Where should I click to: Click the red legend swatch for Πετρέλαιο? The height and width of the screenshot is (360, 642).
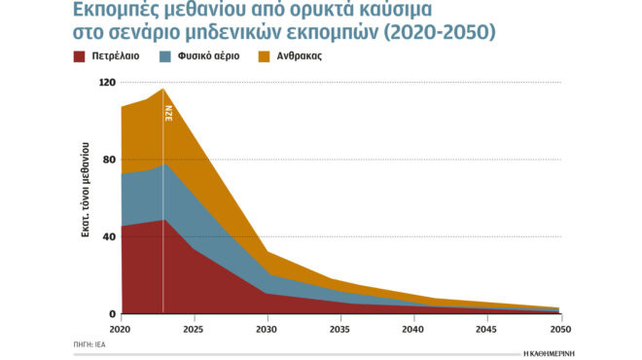click(x=79, y=57)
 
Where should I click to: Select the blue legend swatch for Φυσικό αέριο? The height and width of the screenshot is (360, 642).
click(x=166, y=57)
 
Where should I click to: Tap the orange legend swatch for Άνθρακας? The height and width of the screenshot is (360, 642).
click(x=266, y=57)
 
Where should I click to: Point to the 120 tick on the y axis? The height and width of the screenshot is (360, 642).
click(x=107, y=83)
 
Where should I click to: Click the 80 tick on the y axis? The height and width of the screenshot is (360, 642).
click(x=110, y=160)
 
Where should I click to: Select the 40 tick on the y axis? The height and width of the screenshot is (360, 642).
click(x=110, y=236)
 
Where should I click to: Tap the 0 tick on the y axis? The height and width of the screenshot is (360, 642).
click(x=113, y=313)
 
